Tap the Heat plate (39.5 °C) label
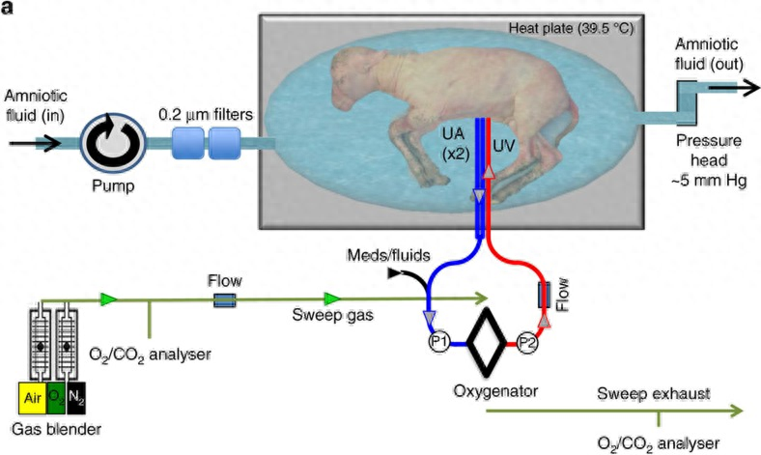pyautogui.click(x=570, y=27)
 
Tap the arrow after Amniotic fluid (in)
pyautogui.click(x=30, y=142)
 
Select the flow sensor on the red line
pyautogui.click(x=544, y=296)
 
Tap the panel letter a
pyautogui.click(x=8, y=7)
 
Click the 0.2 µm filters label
pyautogui.click(x=207, y=116)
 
